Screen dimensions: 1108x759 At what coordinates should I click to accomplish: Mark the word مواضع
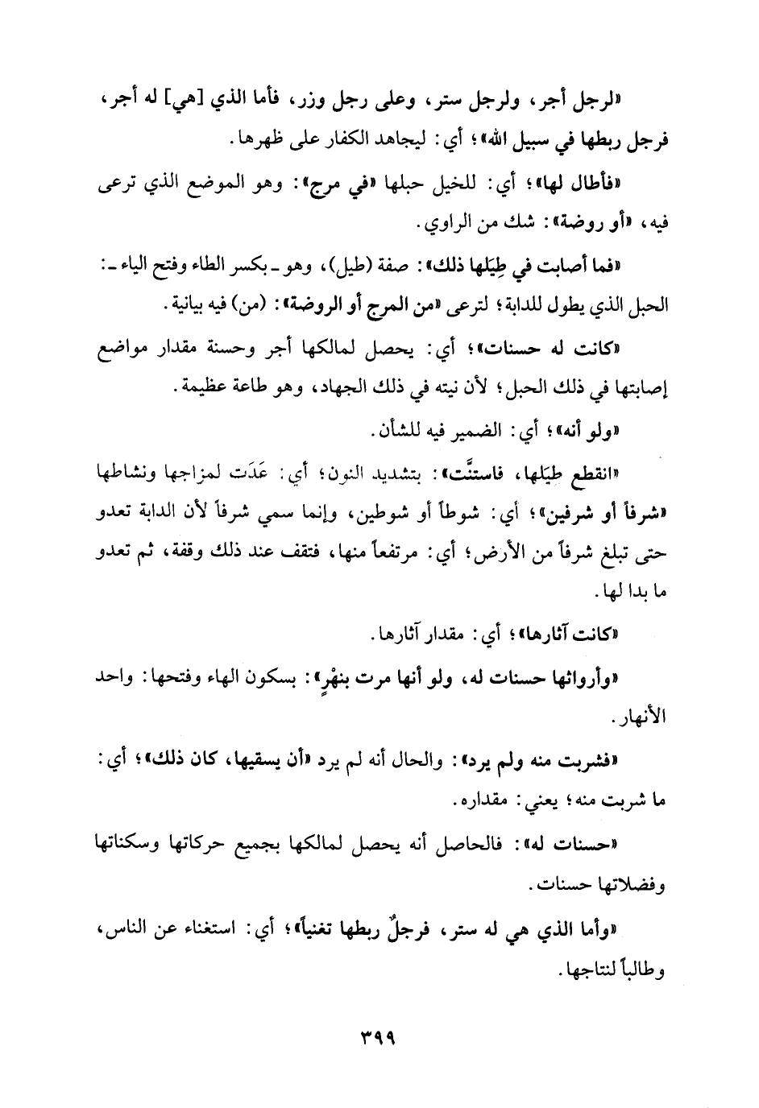(x=110, y=349)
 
